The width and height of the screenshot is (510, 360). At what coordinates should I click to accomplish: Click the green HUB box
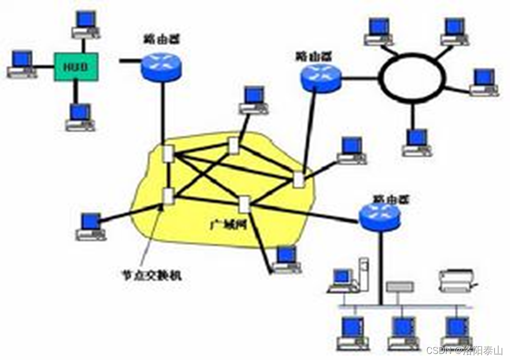[x=76, y=67]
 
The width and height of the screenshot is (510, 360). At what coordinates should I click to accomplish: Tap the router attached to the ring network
[x=320, y=78]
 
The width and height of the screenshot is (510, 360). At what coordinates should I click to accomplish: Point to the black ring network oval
[x=413, y=77]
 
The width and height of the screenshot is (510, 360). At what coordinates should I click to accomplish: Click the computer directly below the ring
[x=418, y=142]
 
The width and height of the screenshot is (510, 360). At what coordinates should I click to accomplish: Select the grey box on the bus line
[x=400, y=287]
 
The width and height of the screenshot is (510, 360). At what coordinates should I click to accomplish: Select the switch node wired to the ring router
[x=298, y=179]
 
